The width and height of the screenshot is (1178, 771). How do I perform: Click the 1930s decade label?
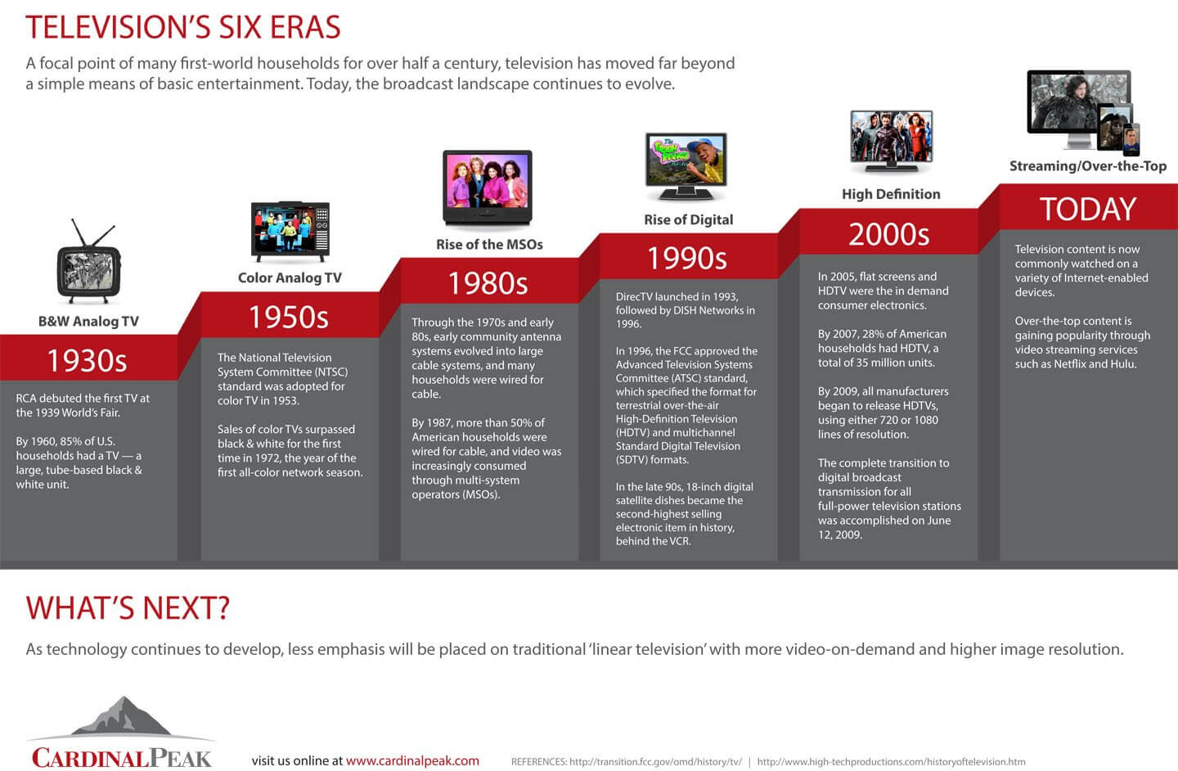point(88,360)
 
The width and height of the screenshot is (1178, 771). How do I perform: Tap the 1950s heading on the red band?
point(289,317)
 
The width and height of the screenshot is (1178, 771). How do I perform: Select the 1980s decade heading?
point(488,283)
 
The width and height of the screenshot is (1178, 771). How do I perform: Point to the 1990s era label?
point(687,259)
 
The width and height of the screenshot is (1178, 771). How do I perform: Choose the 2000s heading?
point(888,234)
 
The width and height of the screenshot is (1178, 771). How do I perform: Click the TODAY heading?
point(1088,209)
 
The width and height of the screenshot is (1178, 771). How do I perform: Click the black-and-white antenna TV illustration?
point(89,262)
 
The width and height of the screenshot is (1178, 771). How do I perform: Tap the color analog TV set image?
point(290,232)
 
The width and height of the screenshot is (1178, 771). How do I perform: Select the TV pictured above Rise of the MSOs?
point(488,187)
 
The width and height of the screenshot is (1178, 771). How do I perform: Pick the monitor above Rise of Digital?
point(686,166)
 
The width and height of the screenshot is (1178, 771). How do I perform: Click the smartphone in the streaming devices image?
point(1131,140)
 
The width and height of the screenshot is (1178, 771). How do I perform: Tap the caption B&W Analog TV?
point(88,321)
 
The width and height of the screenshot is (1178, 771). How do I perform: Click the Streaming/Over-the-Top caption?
point(1087,166)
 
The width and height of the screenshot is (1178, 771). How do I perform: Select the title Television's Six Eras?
point(183,27)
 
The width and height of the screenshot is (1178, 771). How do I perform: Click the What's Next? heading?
point(128,608)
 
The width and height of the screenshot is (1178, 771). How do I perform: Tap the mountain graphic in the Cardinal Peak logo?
point(121,716)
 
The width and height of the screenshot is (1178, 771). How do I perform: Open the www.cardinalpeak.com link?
point(412,760)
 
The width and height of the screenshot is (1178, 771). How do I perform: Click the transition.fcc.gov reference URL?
point(655,761)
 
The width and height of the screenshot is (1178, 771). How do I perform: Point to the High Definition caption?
point(891,194)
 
